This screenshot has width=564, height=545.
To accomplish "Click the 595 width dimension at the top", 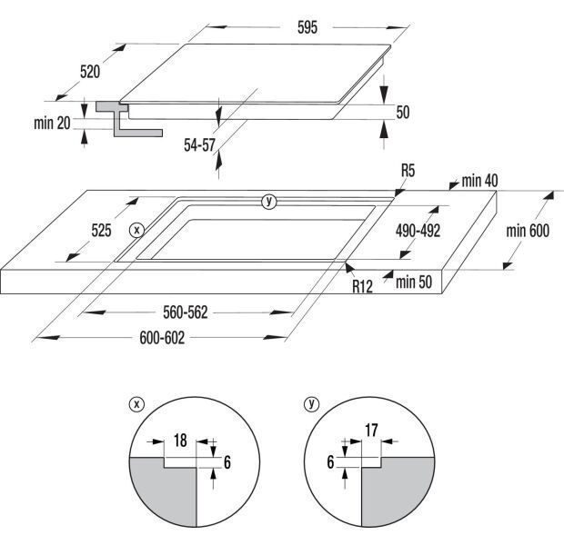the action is (x=307, y=27).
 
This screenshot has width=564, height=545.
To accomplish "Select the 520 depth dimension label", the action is (x=90, y=72).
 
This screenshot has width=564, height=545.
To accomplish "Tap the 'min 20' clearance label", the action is (x=52, y=124).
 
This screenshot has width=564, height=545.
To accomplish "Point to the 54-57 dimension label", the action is (x=199, y=145).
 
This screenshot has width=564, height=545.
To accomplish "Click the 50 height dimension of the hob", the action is (x=403, y=112).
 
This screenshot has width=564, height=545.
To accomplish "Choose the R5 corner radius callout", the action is (x=408, y=170).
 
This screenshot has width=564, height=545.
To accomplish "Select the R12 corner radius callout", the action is (x=362, y=287).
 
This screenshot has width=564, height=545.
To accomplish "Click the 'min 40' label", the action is (x=479, y=181).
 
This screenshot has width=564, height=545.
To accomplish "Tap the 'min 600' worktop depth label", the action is (x=528, y=231).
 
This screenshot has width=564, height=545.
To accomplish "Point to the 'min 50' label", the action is (x=414, y=282).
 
